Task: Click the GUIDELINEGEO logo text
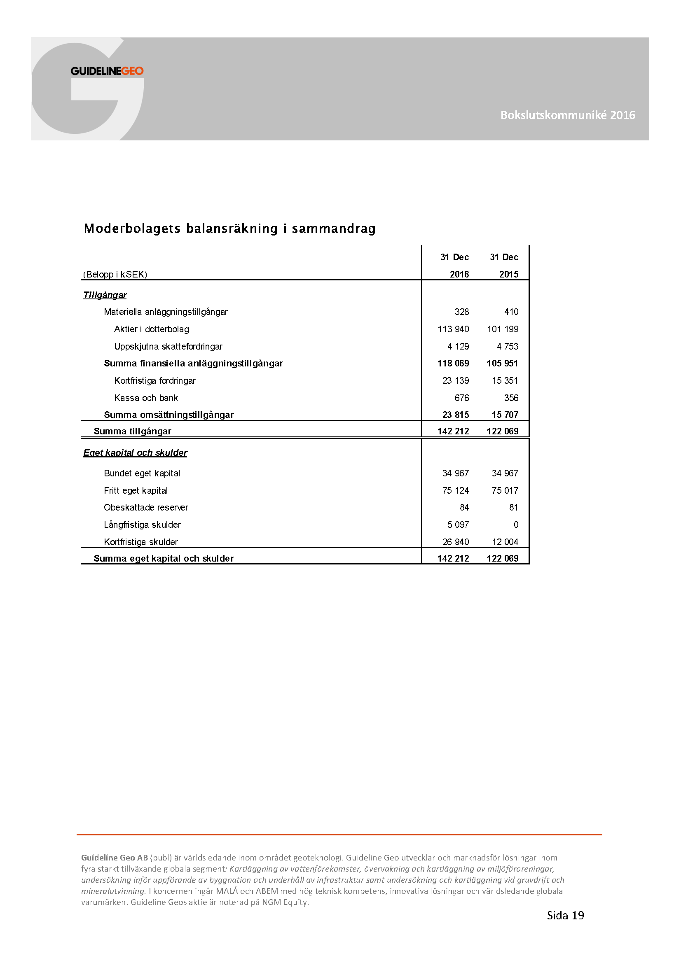coord(107,71)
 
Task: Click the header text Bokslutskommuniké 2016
coord(568,115)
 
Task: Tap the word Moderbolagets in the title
coord(132,229)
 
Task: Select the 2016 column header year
coord(459,274)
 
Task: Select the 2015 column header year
coord(508,274)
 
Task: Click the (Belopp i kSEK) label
coord(115,274)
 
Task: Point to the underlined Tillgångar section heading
coord(105,295)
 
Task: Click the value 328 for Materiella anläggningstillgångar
coord(461,312)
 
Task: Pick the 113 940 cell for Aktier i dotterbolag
coord(453,329)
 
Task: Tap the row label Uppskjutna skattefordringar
coord(168,346)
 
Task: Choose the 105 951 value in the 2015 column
coord(502,363)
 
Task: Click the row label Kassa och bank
coord(146,398)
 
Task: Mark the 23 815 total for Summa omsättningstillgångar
coord(456,415)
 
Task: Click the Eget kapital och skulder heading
coord(135,452)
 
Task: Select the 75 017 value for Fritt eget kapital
coord(505,490)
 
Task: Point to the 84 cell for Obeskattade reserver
coord(464,508)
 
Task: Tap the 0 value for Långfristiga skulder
coord(516,525)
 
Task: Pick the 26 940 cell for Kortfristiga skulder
coord(456,542)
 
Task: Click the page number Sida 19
coord(565,915)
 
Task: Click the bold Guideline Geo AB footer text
coord(115,858)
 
